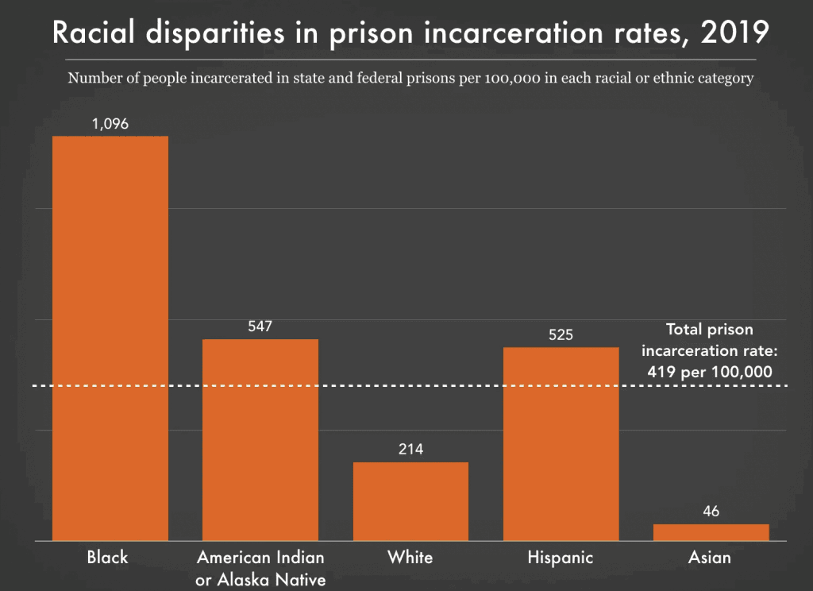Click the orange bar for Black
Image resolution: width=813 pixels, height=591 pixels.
110,338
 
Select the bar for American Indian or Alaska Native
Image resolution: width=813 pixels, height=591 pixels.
260,439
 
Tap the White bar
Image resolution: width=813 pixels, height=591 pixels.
410,501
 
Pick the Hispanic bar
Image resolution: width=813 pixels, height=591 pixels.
561,443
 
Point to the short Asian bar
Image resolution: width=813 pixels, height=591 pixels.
711,532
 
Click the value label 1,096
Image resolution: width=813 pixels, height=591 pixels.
110,124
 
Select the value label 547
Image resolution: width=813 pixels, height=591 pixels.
260,326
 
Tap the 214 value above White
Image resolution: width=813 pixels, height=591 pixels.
410,450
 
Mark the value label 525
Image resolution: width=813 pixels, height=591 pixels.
561,334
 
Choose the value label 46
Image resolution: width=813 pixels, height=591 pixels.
711,512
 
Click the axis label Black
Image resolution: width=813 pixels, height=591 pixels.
107,557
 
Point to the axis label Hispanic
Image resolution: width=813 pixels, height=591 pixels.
560,558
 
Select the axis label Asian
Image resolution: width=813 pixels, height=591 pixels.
710,558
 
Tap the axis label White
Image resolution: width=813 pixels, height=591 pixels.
410,557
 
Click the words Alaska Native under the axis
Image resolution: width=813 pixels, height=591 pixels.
261,580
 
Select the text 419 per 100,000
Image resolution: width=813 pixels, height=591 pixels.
710,370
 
